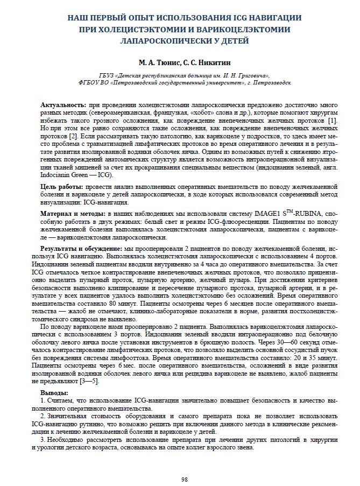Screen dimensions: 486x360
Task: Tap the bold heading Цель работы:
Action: coord(62,186)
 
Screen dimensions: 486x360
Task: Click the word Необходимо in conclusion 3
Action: coord(67,440)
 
